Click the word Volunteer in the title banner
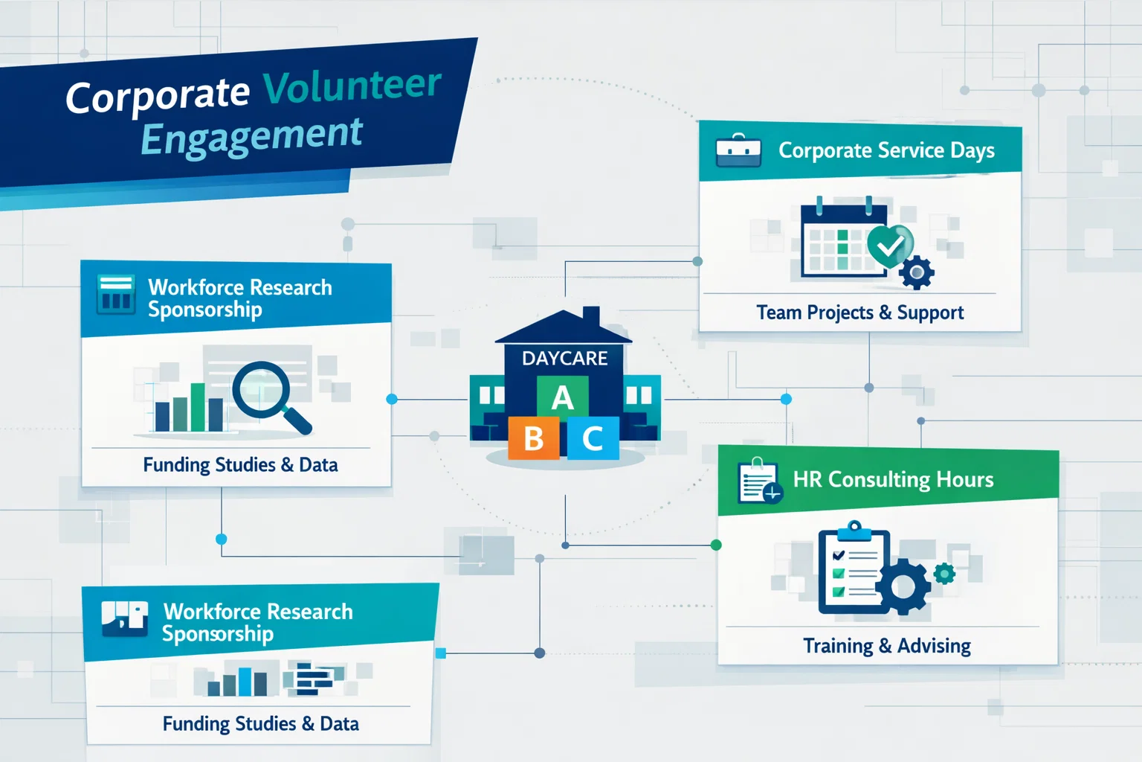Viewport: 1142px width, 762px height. click(x=352, y=86)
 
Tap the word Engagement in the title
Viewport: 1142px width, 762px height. click(x=251, y=137)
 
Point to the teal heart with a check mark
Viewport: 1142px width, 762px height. click(x=890, y=245)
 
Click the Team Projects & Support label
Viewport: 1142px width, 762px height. click(x=859, y=313)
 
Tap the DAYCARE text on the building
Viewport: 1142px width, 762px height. click(x=564, y=359)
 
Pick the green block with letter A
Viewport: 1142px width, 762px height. click(x=562, y=397)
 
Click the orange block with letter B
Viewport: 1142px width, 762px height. click(x=533, y=438)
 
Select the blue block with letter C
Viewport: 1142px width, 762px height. click(x=593, y=438)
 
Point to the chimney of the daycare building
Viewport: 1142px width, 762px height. click(x=591, y=316)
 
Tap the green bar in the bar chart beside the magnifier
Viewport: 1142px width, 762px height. click(x=198, y=407)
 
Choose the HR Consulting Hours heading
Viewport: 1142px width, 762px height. click(x=893, y=479)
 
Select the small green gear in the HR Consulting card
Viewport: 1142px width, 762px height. click(x=944, y=573)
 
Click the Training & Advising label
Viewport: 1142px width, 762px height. click(x=886, y=645)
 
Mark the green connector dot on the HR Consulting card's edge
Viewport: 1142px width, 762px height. click(x=716, y=545)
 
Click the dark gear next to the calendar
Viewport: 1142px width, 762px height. click(x=916, y=272)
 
